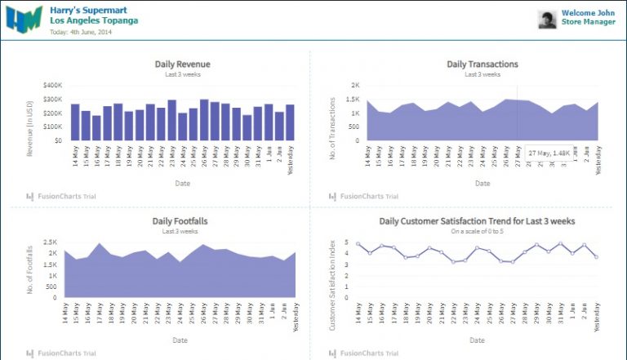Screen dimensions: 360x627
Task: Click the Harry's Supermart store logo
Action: (24, 18)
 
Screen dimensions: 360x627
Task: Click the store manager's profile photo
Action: (547, 20)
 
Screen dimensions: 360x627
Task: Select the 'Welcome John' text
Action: (588, 13)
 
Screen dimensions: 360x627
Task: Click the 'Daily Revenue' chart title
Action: (182, 64)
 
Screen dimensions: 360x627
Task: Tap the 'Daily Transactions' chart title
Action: (482, 64)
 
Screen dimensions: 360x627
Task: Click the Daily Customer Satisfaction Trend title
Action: (477, 220)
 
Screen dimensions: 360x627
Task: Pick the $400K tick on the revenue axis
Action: (52, 85)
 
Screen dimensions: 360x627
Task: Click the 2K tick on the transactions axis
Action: (355, 85)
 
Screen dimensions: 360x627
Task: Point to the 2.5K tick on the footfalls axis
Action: (50, 242)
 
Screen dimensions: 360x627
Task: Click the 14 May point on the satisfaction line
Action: (358, 243)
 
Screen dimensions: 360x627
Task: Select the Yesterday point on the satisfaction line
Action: (596, 257)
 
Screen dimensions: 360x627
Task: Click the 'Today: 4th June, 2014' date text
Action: (81, 32)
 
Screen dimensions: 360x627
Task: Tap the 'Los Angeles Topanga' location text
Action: (93, 20)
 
